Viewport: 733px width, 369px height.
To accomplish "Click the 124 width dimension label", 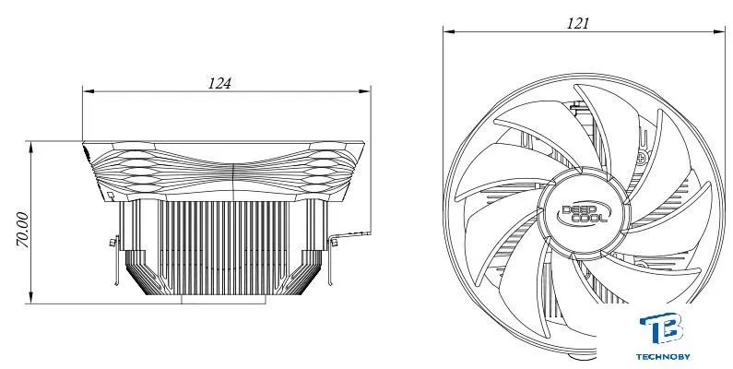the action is (x=219, y=83).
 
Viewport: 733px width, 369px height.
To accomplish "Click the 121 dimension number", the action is (x=578, y=23).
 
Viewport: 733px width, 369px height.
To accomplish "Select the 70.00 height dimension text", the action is (x=22, y=230).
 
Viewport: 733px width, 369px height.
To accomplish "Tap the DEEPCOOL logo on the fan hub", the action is (x=584, y=213).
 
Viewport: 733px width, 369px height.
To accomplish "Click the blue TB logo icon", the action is (x=662, y=328).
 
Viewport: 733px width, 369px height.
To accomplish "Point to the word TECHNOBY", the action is (x=663, y=357).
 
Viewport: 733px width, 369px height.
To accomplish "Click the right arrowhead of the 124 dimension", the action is (x=365, y=91).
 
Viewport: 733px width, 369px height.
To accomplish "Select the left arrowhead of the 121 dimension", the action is (x=449, y=31).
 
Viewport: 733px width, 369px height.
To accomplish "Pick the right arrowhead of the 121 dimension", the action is (x=720, y=31).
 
